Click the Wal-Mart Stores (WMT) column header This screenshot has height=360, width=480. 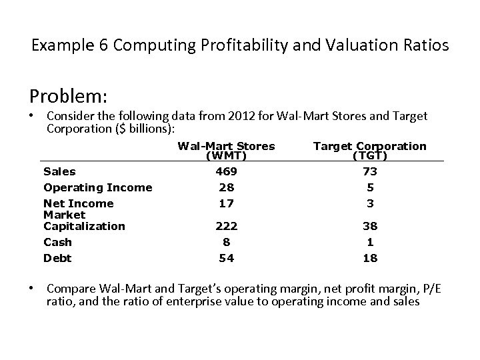pyautogui.click(x=226, y=151)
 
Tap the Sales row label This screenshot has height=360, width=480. pyautogui.click(x=59, y=171)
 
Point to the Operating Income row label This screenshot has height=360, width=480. pyautogui.click(x=97, y=187)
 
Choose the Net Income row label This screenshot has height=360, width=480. pyautogui.click(x=78, y=203)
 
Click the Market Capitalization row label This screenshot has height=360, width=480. pyautogui.click(x=84, y=221)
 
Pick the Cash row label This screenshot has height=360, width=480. pyautogui.click(x=57, y=242)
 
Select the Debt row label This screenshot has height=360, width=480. pyautogui.click(x=57, y=258)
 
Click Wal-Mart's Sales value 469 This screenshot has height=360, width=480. pyautogui.click(x=226, y=171)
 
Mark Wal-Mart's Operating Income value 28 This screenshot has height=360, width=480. pyautogui.click(x=226, y=187)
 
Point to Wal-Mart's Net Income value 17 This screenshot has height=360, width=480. pyautogui.click(x=226, y=203)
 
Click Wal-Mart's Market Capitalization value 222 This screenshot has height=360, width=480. pyautogui.click(x=226, y=226)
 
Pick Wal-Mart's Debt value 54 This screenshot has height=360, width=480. pyautogui.click(x=226, y=258)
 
